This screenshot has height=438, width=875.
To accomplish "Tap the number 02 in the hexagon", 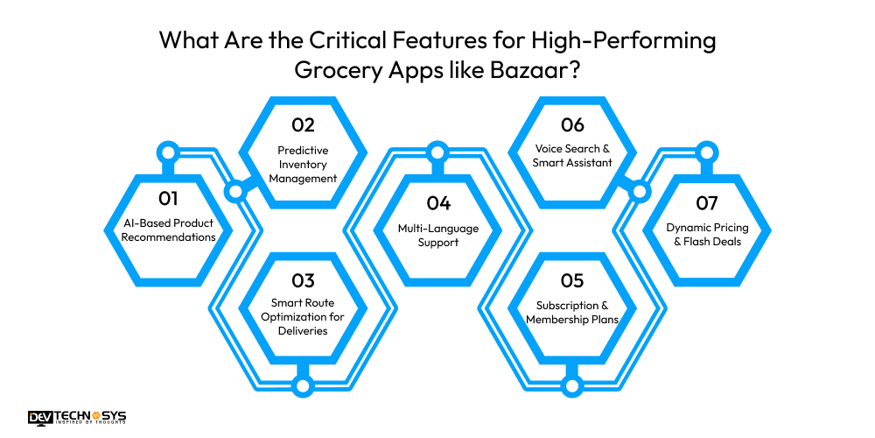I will (303, 124).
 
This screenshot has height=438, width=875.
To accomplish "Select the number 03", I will (303, 280).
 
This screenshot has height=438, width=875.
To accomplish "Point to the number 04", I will (438, 203).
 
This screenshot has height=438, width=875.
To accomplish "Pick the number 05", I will (572, 280).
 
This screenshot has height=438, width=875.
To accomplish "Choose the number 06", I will (572, 124).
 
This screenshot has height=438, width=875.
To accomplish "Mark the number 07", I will (707, 203).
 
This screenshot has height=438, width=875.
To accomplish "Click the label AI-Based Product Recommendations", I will (168, 230).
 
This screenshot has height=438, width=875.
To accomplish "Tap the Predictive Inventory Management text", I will (303, 164).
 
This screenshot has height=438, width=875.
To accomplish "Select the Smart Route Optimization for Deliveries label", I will (303, 317).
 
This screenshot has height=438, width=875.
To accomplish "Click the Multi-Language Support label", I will (438, 235).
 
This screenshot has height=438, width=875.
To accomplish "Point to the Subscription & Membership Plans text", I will (572, 312).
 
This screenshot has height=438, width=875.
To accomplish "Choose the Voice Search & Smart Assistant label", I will (572, 156).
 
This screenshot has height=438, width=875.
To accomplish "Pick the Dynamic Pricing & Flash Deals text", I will (707, 235).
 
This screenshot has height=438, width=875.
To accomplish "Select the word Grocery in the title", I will (347, 71).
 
